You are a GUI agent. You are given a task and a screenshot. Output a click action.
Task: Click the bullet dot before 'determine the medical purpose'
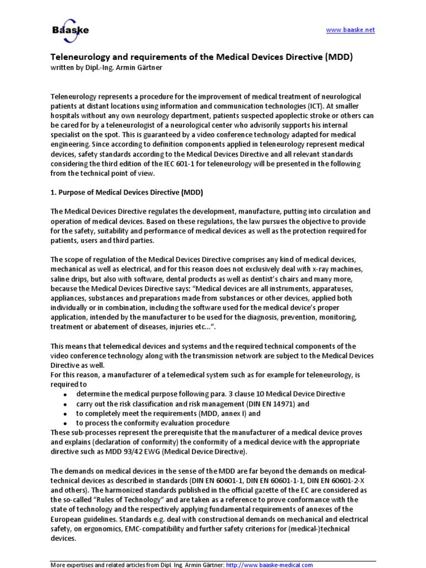coord(65,394)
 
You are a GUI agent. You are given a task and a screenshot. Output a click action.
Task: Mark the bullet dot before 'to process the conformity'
coord(65,424)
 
